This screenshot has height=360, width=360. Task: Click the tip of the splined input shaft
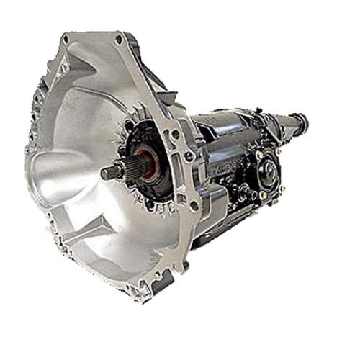point(103,173)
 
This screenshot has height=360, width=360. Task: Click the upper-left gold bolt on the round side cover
point(257,155)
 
